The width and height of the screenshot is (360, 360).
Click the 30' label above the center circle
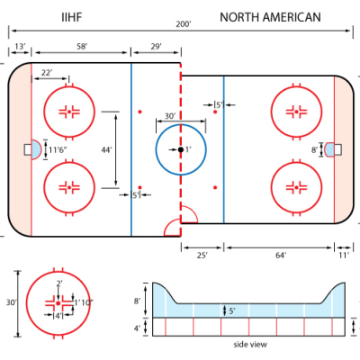170,116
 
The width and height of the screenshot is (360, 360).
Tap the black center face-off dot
180,148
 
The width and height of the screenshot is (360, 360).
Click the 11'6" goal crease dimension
58,149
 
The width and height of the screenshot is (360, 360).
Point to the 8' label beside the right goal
314,149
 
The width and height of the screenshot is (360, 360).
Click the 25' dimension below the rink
202,256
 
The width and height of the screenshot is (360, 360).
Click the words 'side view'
252,344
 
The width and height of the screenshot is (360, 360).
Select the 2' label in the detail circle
59,283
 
